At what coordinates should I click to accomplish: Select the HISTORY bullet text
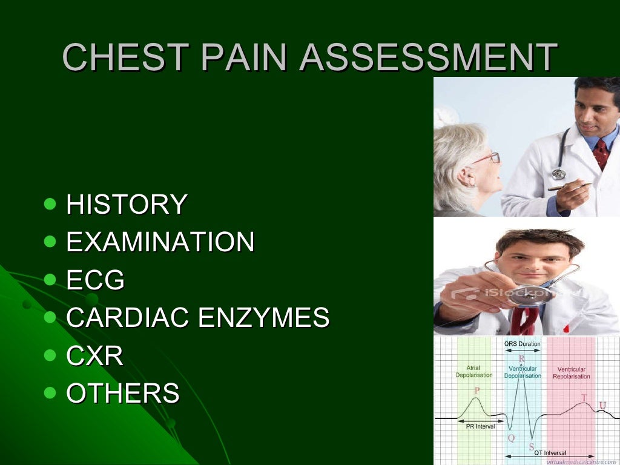126,204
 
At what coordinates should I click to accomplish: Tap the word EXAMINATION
160,242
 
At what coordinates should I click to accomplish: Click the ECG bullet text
95,280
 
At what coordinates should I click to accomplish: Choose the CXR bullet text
94,356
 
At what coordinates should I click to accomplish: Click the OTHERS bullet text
122,394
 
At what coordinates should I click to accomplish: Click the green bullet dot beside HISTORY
50,203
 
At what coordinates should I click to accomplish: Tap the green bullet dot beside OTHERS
50,393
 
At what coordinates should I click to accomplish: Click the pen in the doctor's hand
569,186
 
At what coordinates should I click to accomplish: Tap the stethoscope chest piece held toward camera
526,295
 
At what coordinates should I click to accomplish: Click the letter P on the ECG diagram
477,391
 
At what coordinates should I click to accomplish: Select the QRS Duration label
522,343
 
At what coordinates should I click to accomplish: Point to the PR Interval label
480,426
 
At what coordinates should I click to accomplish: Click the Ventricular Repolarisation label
571,372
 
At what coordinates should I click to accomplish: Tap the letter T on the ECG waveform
584,397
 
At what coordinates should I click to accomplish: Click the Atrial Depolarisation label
473,371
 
